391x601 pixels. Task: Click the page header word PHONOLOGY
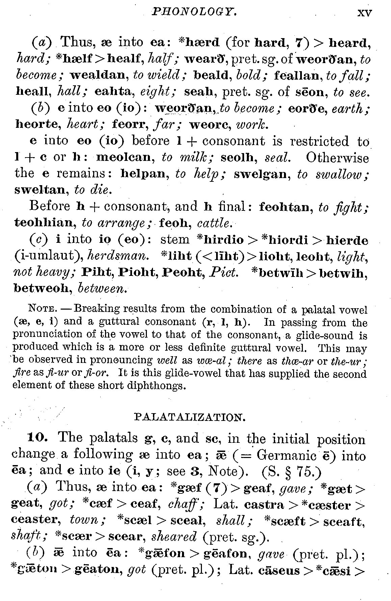pos(194,12)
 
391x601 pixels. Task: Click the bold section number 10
pos(38,438)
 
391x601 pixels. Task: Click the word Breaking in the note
pos(97,309)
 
